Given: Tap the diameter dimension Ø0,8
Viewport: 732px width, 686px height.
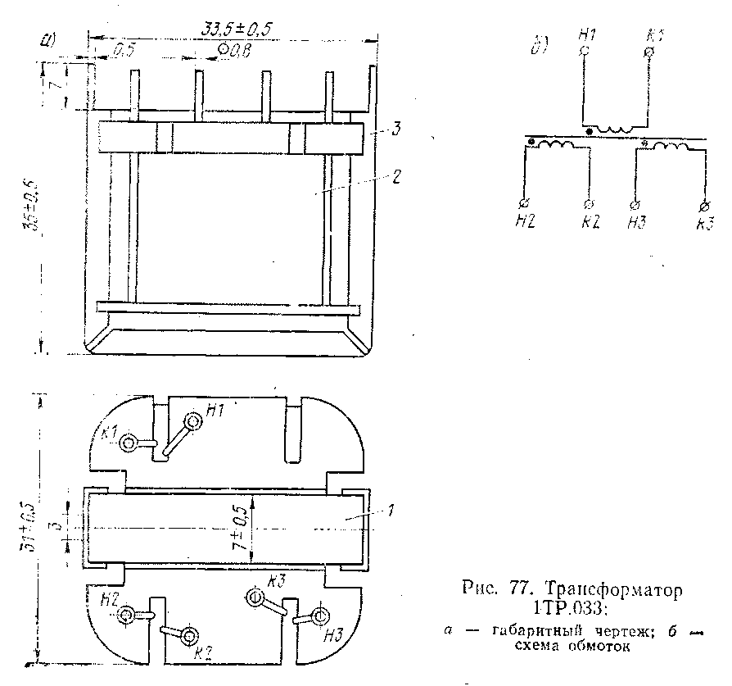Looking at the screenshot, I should pos(234,52).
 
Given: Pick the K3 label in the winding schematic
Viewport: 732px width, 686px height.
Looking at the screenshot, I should pos(704,225).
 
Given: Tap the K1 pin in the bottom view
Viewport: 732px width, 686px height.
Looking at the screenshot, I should pos(129,443).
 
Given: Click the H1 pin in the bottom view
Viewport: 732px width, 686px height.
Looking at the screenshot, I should pos(193,422).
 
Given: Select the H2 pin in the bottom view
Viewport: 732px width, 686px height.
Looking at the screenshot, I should pos(127,616).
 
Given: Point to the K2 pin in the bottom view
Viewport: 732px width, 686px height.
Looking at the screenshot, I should pos(190,635).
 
